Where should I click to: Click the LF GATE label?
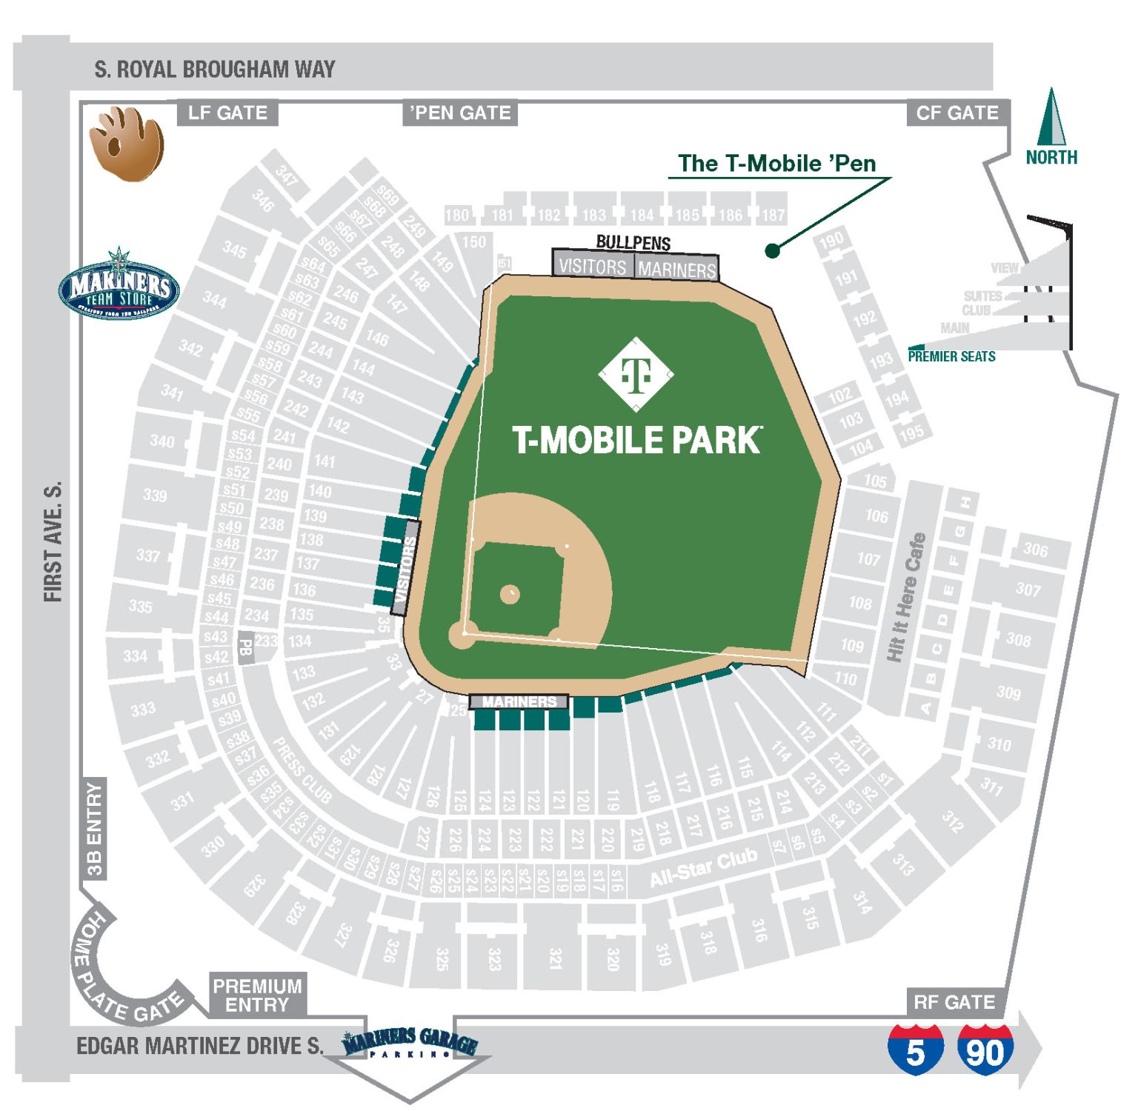[x=227, y=113]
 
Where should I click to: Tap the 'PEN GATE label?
[x=460, y=113]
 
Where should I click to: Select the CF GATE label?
[x=957, y=113]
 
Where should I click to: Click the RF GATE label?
[x=954, y=1002]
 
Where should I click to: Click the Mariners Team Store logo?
[x=119, y=284]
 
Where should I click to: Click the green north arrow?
[x=1051, y=118]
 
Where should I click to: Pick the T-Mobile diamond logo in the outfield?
[x=636, y=374]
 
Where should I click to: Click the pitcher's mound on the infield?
[x=510, y=594]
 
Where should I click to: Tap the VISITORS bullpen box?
[x=592, y=267]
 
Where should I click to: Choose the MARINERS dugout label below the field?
[x=519, y=701]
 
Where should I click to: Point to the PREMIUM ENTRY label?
[x=257, y=995]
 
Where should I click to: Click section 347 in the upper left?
[x=287, y=175]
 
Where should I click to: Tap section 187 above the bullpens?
[x=773, y=215]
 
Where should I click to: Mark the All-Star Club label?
[x=703, y=868]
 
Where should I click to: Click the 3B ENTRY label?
[x=94, y=830]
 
